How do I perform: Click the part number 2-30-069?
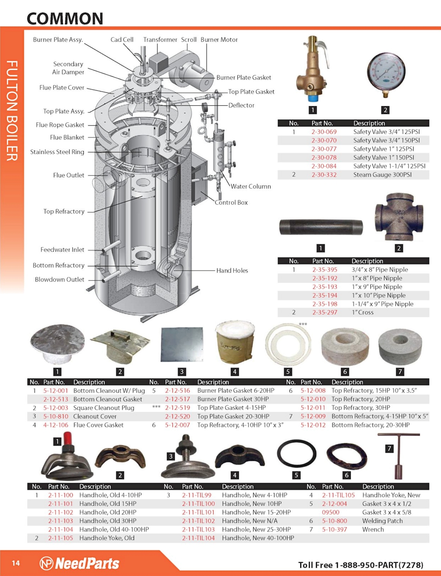[324, 132]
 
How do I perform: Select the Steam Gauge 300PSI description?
[382, 175]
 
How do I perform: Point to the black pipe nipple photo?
[321, 227]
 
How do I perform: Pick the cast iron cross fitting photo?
[399, 217]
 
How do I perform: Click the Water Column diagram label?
[251, 186]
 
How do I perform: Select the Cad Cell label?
[122, 40]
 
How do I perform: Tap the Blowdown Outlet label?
[59, 280]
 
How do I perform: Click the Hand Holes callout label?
[232, 270]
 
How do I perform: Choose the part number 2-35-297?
[325, 312]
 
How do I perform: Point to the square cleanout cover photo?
[182, 344]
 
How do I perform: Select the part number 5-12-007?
[177, 425]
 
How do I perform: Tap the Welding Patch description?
[382, 521]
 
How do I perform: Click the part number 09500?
[330, 512]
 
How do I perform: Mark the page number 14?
[16, 563]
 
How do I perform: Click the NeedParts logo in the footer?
[80, 563]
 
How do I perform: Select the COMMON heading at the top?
[65, 19]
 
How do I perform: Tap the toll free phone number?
[361, 565]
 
